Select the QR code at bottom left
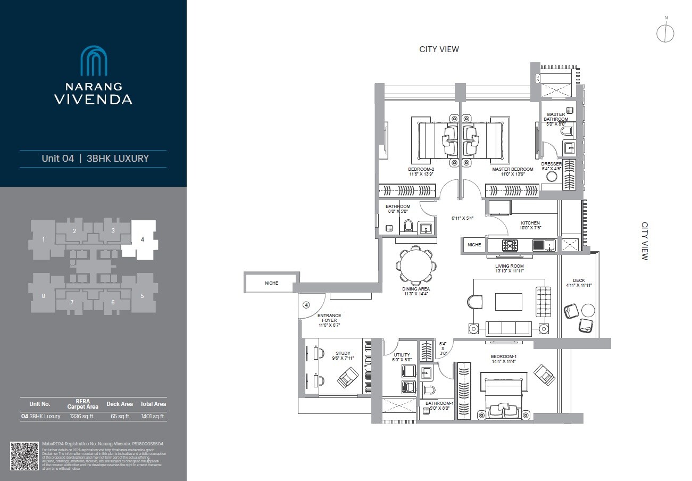(24, 455)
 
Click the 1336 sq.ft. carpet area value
(82, 416)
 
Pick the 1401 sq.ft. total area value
(153, 416)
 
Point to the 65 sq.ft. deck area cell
(120, 416)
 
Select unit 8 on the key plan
(43, 296)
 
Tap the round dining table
(416, 266)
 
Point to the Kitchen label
(530, 223)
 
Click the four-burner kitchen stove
(510, 245)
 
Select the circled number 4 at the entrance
(306, 305)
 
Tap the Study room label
(343, 353)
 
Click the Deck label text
(579, 280)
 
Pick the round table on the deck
(588, 310)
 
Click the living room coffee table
(508, 302)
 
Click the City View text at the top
(439, 49)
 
